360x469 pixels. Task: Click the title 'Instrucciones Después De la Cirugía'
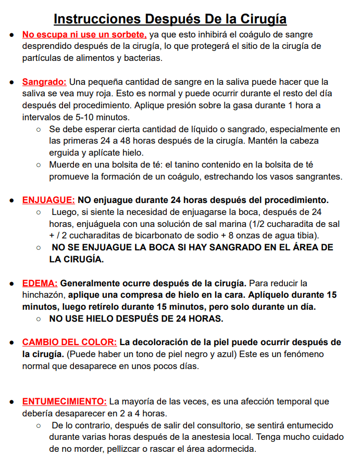(170, 19)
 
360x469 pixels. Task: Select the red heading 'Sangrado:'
(44, 82)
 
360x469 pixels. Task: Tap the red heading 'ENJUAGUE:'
(48, 200)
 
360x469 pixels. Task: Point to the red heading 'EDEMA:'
(40, 284)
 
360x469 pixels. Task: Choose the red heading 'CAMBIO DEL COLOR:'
(69, 343)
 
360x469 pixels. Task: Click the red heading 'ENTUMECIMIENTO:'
(64, 402)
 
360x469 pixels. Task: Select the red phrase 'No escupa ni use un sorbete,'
(84, 35)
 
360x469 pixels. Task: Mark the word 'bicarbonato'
(145, 235)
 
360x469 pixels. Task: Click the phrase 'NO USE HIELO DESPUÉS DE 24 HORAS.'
(136, 318)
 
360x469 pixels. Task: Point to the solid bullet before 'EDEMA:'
(11, 284)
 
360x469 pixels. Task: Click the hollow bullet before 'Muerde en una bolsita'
(39, 165)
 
